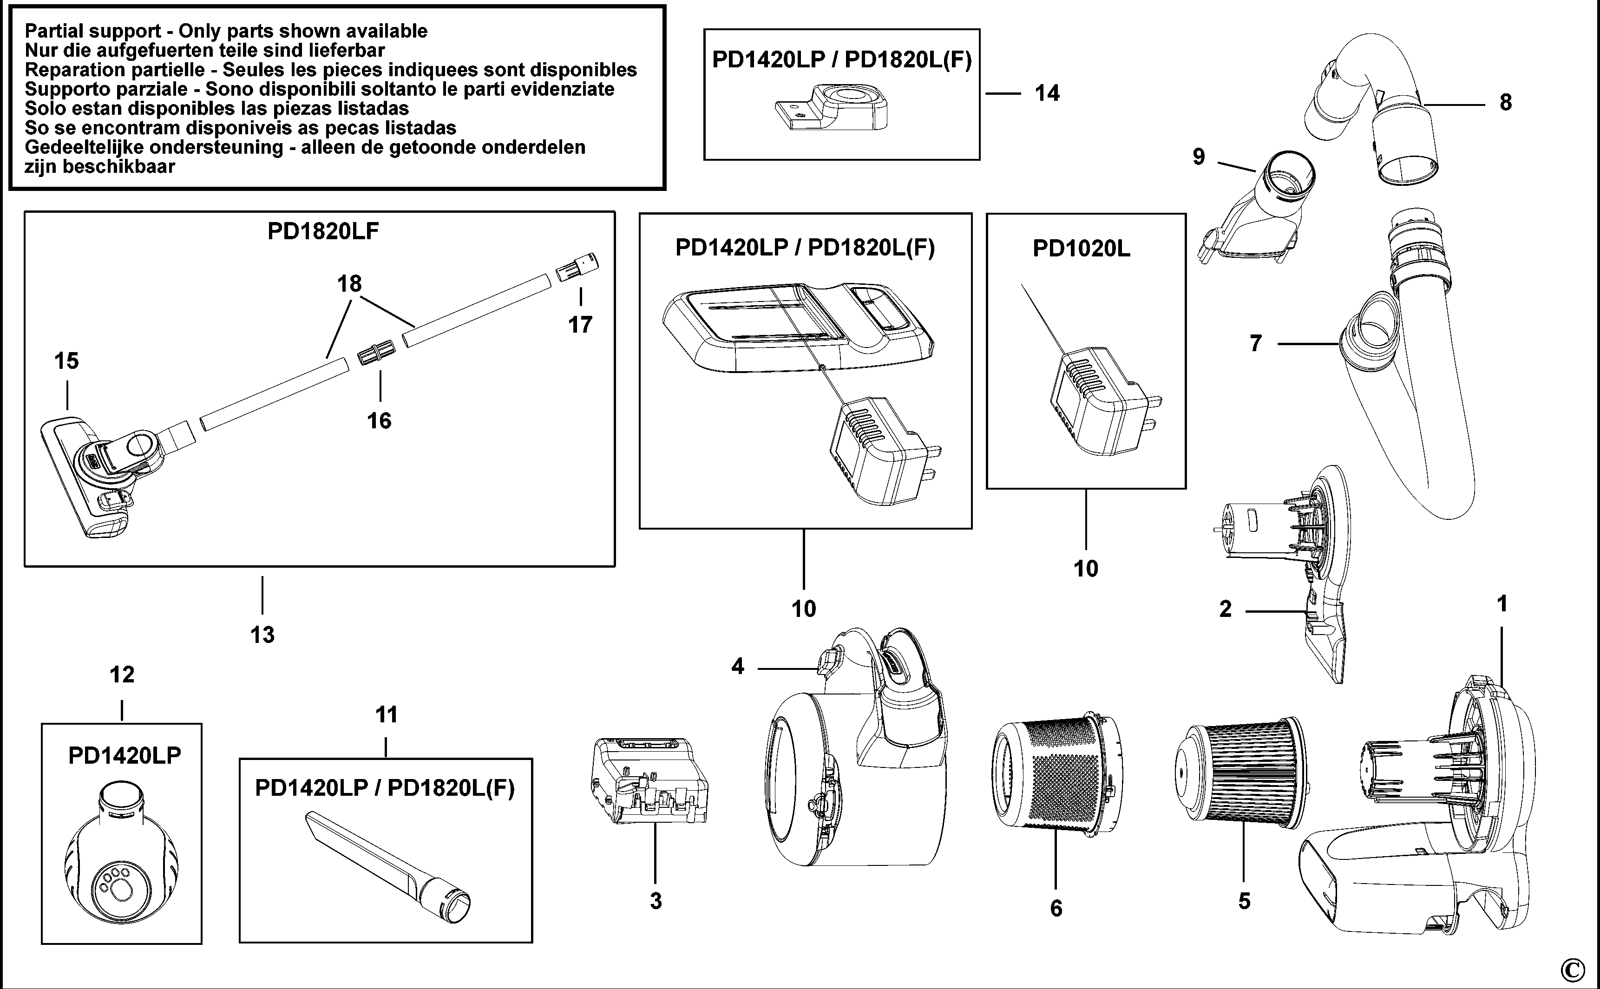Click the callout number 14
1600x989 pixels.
[x=1047, y=93]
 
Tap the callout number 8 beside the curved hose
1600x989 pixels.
[x=1505, y=103]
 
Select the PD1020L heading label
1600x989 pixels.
[x=1081, y=249]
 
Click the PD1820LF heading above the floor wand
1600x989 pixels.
[x=323, y=231]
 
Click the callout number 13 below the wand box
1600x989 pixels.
[x=262, y=635]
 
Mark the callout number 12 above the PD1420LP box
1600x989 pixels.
[x=122, y=675]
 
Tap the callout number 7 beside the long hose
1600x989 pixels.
[x=1255, y=343]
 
